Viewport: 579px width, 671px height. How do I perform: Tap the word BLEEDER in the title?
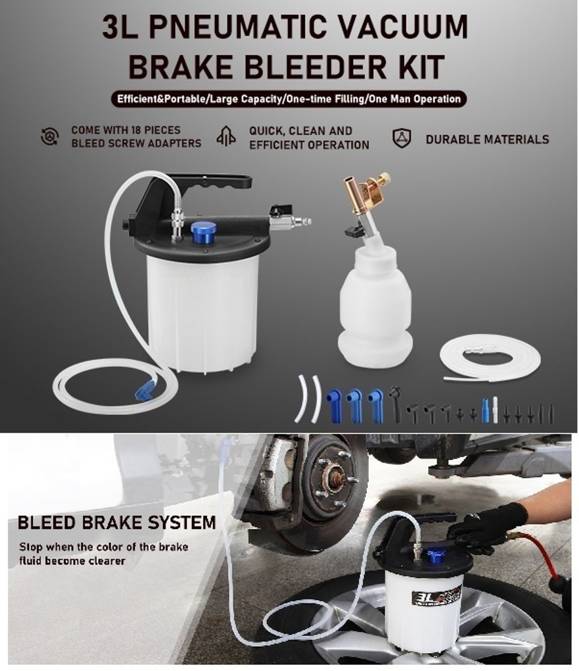pos(303,66)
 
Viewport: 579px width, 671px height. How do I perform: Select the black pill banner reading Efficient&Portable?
pos(289,99)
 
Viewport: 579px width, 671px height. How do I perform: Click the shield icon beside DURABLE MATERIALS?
pos(402,138)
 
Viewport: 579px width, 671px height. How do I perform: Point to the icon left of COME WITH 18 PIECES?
pos(50,136)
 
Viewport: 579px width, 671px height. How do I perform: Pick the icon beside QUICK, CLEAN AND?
pos(226,136)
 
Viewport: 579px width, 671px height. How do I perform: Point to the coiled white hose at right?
pos(490,358)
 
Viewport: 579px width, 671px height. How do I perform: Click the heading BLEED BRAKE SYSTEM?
pos(116,522)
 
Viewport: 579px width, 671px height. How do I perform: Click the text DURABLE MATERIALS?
pos(487,139)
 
